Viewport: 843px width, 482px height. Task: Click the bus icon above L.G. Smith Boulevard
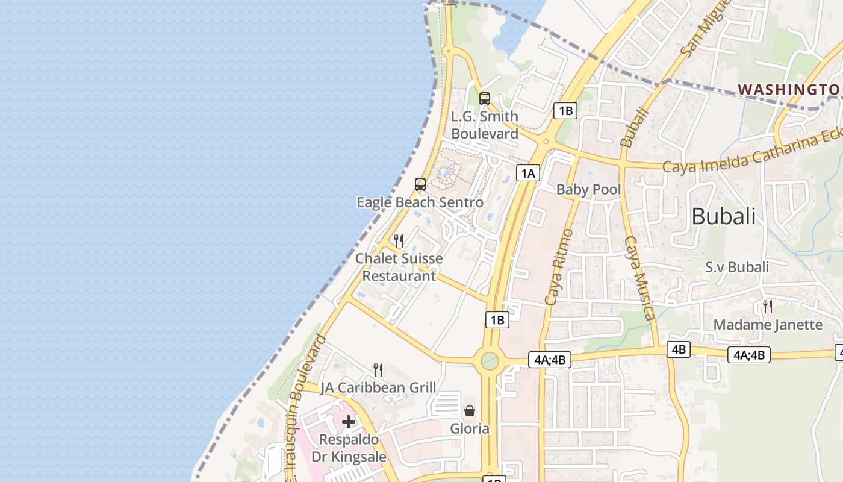point(485,99)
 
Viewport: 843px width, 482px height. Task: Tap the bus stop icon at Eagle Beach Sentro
point(420,184)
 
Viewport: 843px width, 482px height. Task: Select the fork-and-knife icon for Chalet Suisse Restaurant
point(398,240)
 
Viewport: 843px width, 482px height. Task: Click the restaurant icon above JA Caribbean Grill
point(378,369)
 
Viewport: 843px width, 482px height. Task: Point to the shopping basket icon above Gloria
point(470,411)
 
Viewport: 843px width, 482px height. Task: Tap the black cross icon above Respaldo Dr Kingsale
point(349,422)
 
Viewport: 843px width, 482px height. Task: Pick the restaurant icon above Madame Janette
point(767,307)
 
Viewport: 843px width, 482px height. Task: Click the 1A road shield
point(528,174)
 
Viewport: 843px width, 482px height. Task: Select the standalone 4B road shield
point(679,349)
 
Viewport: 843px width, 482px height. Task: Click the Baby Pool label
point(588,189)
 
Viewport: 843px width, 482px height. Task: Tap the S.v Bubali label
point(737,267)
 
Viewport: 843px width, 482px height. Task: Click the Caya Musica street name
point(639,277)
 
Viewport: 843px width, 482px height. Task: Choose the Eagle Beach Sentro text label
point(420,202)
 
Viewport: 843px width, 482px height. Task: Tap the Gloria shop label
point(470,428)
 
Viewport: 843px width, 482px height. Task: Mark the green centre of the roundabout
point(490,361)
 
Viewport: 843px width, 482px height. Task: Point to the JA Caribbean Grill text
point(378,387)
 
